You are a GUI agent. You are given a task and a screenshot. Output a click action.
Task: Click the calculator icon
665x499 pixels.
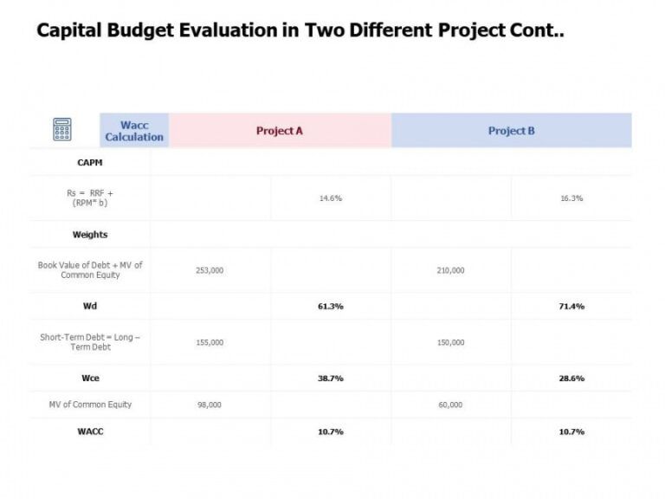click(x=62, y=130)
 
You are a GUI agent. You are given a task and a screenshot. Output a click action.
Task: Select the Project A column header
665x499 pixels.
click(x=279, y=131)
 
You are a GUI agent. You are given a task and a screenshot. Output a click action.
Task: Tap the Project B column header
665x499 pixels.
click(x=511, y=131)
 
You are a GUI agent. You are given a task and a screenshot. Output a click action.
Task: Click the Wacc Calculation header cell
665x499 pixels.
click(x=134, y=131)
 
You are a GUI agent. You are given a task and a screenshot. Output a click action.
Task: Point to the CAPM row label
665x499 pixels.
click(x=90, y=162)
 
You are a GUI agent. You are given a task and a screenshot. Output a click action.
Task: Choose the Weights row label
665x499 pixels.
click(x=90, y=235)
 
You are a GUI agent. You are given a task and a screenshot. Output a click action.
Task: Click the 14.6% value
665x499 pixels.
click(x=331, y=198)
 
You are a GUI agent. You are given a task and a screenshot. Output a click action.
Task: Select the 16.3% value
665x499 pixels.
click(x=571, y=198)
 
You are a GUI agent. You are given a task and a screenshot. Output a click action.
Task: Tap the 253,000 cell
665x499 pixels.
click(x=210, y=270)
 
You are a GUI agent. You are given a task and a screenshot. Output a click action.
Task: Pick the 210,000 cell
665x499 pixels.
click(x=450, y=270)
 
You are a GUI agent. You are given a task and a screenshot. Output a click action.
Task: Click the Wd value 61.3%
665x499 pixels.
click(x=331, y=306)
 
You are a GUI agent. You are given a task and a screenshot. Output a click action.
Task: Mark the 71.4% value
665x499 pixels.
click(x=571, y=306)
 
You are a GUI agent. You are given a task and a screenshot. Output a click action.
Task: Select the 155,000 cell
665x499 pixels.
click(x=210, y=342)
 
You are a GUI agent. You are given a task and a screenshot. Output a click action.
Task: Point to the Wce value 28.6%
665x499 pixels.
click(x=571, y=379)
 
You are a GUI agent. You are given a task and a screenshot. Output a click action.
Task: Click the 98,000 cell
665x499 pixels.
click(x=210, y=405)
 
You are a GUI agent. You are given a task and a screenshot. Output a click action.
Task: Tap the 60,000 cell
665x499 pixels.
click(x=450, y=405)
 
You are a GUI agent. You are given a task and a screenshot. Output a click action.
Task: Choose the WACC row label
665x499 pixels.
click(x=90, y=431)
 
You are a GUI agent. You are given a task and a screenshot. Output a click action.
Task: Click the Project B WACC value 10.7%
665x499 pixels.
click(x=571, y=431)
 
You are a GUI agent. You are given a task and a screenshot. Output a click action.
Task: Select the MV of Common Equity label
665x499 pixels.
click(x=90, y=405)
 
